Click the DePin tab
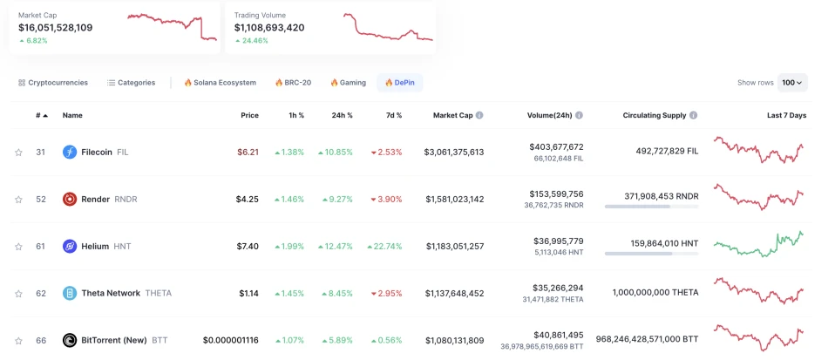(x=400, y=83)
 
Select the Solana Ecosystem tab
(x=220, y=83)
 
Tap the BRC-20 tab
(x=293, y=83)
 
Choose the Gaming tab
(x=348, y=83)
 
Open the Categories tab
(x=132, y=83)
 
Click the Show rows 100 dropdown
(x=792, y=83)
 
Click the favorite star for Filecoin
(x=18, y=153)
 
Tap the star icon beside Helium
(x=18, y=247)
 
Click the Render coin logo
(x=70, y=200)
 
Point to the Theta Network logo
(x=70, y=294)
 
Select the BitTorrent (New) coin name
(x=114, y=341)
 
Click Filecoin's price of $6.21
(x=248, y=153)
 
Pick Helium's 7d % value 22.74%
(x=384, y=247)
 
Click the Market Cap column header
(x=452, y=115)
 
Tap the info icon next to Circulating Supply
(x=694, y=115)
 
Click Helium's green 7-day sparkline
(x=758, y=243)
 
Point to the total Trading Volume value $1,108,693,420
(x=269, y=28)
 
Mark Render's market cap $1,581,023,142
(x=454, y=200)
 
